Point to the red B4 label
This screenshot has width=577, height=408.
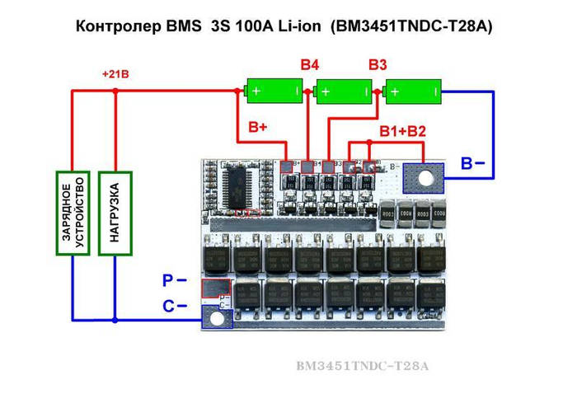click(310, 63)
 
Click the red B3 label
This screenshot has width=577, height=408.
click(378, 63)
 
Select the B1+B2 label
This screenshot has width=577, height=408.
click(402, 132)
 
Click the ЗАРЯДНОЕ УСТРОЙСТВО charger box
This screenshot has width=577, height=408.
click(72, 213)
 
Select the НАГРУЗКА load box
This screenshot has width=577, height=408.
click(115, 213)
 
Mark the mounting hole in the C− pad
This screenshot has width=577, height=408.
click(218, 317)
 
